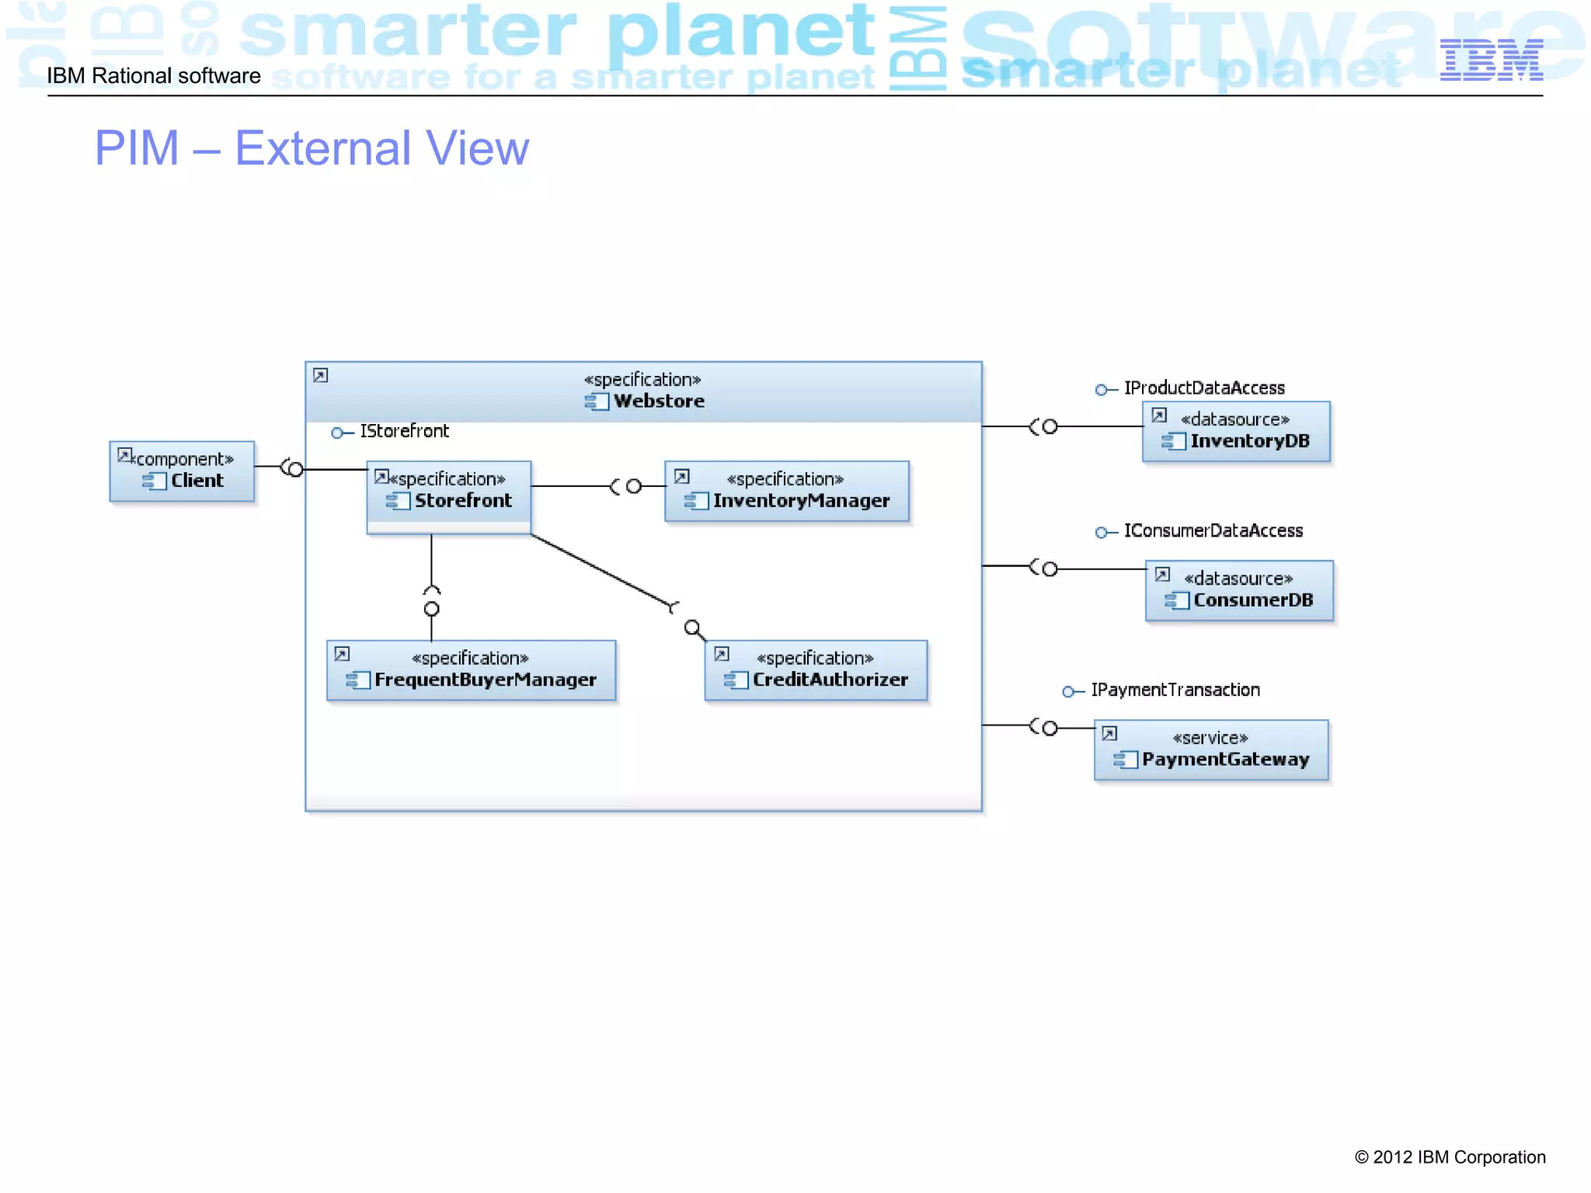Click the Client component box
[x=182, y=471]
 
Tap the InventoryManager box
[x=787, y=491]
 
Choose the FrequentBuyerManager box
[x=471, y=670]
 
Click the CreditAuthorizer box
[x=816, y=670]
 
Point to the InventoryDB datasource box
[x=1236, y=431]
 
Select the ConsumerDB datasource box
[x=1239, y=590]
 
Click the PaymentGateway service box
[x=1211, y=750]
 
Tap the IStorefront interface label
[x=404, y=431]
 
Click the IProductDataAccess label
[x=1204, y=388]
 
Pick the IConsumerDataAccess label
[x=1213, y=530]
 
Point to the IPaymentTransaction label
[x=1175, y=690]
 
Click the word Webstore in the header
[x=659, y=401]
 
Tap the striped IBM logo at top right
[x=1491, y=60]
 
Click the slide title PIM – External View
[x=312, y=148]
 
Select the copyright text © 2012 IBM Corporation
[x=1450, y=1156]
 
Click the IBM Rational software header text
[x=154, y=75]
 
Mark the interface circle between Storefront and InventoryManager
[x=634, y=486]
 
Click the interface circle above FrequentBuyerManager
[x=432, y=609]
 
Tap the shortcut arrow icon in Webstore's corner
[x=321, y=376]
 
